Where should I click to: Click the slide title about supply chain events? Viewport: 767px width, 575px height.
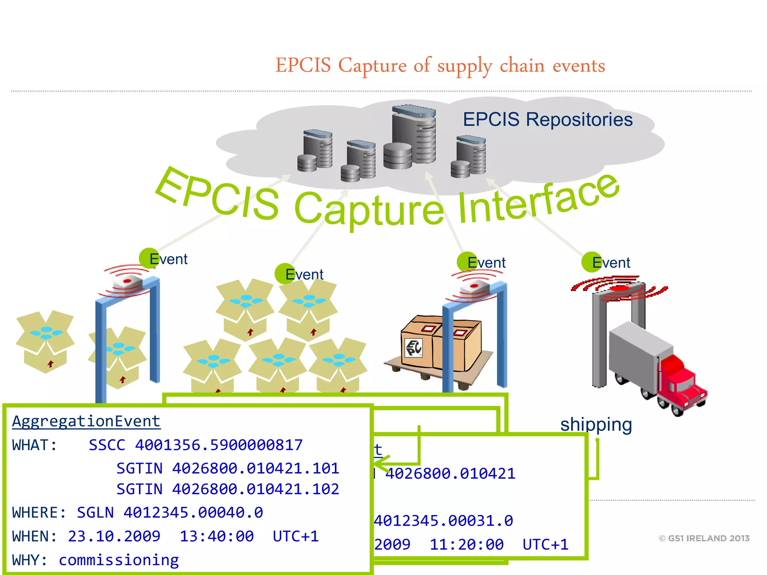coord(440,66)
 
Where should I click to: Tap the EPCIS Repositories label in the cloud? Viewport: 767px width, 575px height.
coord(548,120)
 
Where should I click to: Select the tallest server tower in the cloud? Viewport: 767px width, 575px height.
coord(414,135)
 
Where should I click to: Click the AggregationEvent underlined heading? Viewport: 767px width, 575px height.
coord(86,422)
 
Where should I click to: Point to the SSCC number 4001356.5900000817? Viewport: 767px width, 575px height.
coord(219,445)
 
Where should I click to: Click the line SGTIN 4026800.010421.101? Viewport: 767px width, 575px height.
coord(228,468)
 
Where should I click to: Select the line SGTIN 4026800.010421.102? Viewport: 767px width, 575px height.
coord(228,489)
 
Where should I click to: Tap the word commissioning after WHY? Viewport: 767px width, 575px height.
coord(119,560)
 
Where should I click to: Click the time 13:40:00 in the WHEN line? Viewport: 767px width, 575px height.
coord(216,536)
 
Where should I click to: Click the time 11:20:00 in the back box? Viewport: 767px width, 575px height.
coord(467,545)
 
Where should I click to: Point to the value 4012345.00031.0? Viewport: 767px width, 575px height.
coord(444,521)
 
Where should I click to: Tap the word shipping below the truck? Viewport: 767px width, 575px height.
coord(596,425)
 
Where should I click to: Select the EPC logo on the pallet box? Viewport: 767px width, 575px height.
coord(414,348)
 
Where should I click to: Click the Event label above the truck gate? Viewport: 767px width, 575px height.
coord(611,262)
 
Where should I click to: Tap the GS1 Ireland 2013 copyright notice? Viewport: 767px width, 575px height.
coord(704,538)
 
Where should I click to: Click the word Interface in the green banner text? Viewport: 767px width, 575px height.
coord(536,202)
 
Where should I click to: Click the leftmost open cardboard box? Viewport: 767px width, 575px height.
coord(45,341)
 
